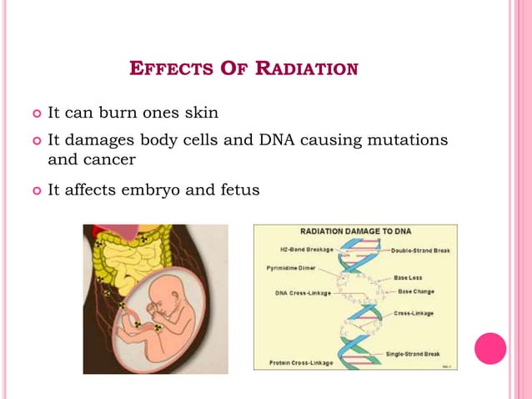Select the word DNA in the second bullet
tap(264, 139)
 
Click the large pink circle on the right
tap(490, 348)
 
